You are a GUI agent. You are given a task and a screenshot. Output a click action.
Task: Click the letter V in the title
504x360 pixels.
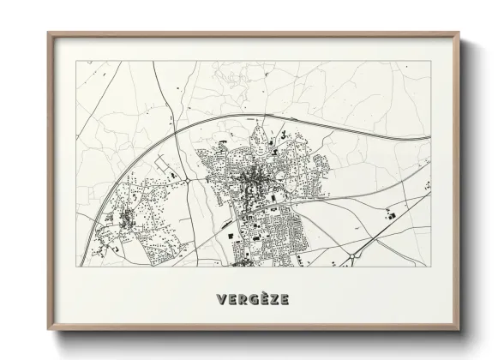[221, 299]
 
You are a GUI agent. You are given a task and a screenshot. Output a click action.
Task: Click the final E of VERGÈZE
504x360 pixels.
[283, 299]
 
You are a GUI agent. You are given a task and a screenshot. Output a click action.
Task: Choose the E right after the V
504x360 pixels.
[231, 299]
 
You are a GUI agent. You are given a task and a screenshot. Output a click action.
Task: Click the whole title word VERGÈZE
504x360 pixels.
[252, 299]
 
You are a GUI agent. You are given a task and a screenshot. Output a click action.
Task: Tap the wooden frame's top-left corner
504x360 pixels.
[49, 33]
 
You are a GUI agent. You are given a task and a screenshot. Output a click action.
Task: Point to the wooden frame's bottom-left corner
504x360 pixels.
[49, 331]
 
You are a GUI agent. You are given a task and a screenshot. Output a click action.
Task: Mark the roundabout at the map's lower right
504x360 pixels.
[351, 255]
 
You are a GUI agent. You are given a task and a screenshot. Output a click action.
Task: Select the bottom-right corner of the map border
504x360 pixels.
[430, 266]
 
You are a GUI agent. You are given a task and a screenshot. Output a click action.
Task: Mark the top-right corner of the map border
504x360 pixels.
[430, 61]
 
